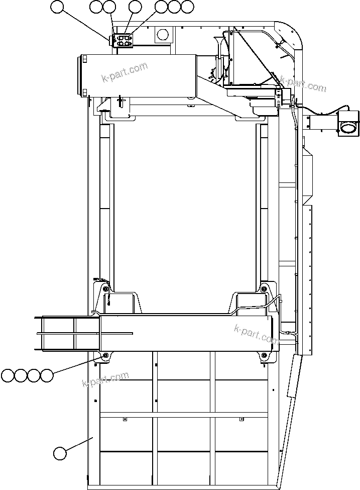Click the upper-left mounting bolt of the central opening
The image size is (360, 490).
[x=105, y=288]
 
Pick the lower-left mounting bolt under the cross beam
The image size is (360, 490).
[x=105, y=356]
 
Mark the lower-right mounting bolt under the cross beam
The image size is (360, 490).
[x=265, y=356]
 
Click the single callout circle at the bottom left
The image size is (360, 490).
[x=60, y=453]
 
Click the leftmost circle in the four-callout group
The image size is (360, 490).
[x=8, y=375]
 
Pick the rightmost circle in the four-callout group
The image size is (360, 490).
[x=47, y=375]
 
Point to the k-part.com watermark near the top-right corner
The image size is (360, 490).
[x=303, y=84]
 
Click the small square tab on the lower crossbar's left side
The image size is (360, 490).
[x=125, y=419]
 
